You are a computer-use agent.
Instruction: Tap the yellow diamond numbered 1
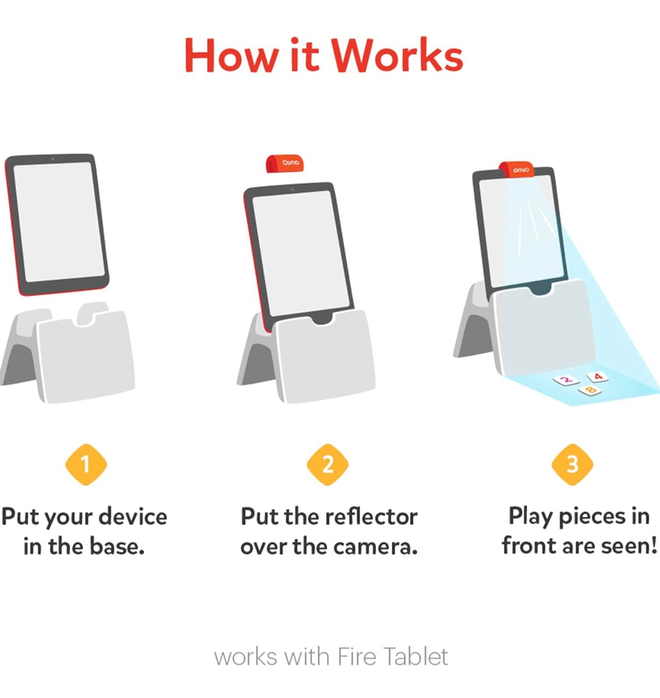[x=86, y=465]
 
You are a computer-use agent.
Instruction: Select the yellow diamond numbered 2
[x=327, y=465]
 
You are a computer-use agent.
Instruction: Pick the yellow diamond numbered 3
[x=572, y=465]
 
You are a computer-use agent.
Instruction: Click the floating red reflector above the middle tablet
[x=285, y=163]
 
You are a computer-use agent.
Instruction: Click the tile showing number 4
[x=597, y=376]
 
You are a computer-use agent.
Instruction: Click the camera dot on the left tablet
[x=53, y=159]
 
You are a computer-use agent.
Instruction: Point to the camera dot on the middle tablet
[x=292, y=190]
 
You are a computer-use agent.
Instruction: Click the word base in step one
[x=117, y=546]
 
